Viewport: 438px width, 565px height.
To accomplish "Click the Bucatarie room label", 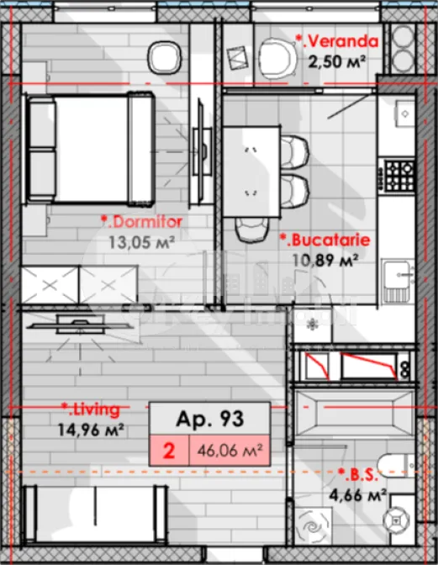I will click(x=324, y=240).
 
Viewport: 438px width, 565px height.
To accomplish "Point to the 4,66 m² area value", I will click(x=358, y=495).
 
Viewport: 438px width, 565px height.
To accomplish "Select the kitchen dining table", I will click(x=252, y=165).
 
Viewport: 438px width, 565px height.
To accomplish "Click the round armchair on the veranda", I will click(x=274, y=58).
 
